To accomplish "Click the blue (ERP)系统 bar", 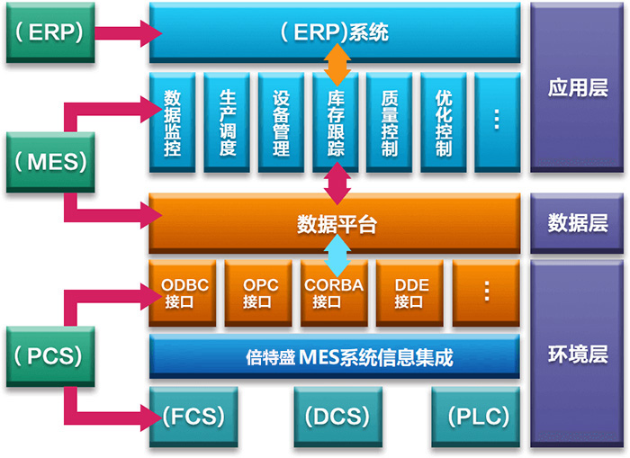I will coord(334,32).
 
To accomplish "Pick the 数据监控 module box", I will coord(173,122).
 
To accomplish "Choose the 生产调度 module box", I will coord(227,122).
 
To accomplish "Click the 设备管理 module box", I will coord(281,122).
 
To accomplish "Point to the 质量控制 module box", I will coord(389,122).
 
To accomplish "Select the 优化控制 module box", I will coord(443,122).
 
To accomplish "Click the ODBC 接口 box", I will coord(184,293).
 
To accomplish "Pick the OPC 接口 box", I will coord(260,293).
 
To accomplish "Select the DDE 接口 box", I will coord(411,293).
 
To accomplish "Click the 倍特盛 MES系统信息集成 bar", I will coord(334,358).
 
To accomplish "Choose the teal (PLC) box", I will coord(476,418).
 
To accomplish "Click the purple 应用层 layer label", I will coord(578,87).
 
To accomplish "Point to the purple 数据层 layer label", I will coord(578,223).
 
